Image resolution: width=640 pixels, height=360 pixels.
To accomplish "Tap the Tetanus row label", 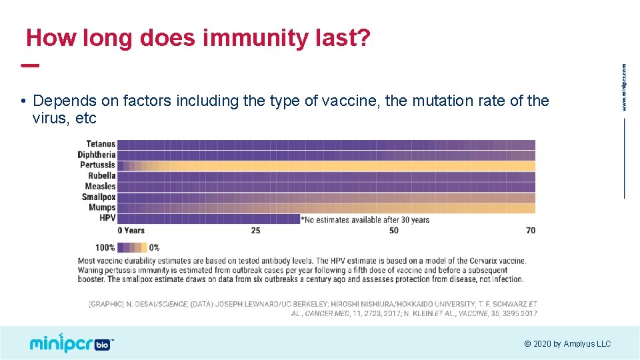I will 101,144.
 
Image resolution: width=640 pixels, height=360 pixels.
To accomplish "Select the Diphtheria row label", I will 97,155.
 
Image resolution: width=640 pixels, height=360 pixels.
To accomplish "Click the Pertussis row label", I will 98,165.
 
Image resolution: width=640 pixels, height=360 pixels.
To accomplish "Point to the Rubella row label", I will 101,176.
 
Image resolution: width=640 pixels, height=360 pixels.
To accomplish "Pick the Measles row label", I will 101,187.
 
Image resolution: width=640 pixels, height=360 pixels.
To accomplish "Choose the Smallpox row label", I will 99,197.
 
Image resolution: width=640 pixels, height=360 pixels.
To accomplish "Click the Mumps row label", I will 102,207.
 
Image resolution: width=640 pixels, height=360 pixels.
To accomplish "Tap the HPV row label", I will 107,218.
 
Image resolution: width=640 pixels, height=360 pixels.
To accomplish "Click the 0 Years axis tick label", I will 131,231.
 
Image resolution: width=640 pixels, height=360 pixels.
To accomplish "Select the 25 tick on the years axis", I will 255,231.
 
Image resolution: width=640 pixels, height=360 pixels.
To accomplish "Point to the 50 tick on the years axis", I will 393,231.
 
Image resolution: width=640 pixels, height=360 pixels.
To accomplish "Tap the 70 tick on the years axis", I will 530,231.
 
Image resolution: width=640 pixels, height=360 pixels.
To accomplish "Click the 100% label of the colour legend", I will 105,247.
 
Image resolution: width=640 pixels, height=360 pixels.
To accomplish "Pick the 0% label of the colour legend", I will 154,247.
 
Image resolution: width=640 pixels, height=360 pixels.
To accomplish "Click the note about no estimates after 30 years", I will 365,219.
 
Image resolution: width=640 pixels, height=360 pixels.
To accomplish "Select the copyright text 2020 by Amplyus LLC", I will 567,344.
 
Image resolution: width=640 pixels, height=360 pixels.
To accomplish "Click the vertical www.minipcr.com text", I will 624,87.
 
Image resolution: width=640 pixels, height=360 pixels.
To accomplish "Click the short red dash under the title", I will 30,65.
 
